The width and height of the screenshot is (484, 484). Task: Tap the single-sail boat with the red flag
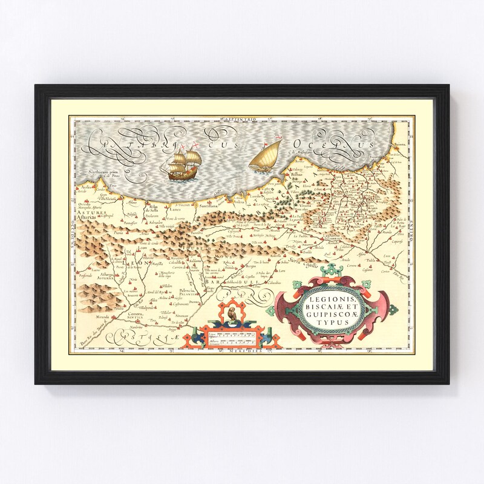tap(266, 156)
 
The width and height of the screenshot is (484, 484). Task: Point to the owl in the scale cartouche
tap(231, 315)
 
